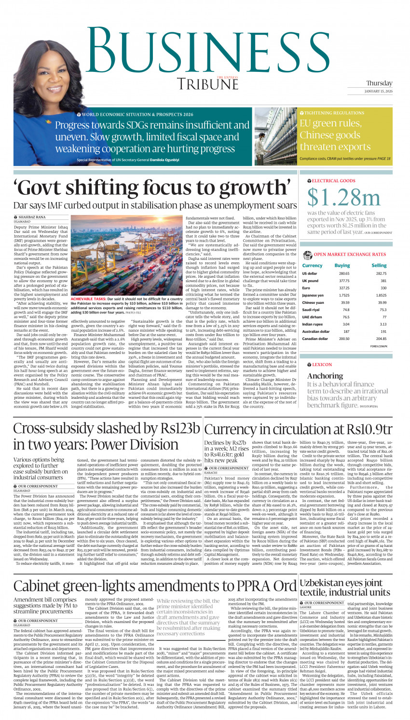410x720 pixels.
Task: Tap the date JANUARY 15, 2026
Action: tap(378, 91)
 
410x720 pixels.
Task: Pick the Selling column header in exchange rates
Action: tap(379, 265)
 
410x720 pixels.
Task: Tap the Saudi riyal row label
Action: tap(312, 310)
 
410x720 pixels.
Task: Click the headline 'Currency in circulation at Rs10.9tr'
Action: tap(298, 430)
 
